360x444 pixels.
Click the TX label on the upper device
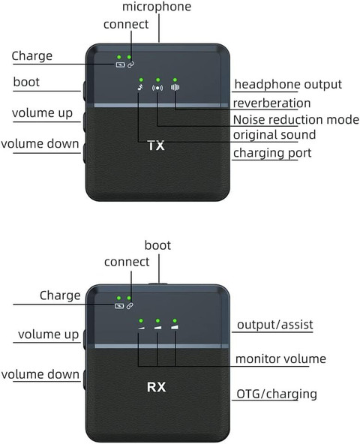click(x=156, y=145)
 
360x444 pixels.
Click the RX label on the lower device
click(x=156, y=387)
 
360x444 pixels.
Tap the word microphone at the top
click(x=157, y=7)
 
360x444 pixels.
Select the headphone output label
click(x=288, y=85)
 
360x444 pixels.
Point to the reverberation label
click(x=271, y=103)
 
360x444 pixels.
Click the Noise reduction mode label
click(x=296, y=119)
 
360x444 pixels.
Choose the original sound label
click(x=274, y=135)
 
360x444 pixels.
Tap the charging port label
click(x=272, y=153)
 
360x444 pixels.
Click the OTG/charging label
click(x=277, y=394)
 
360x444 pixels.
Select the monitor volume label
click(x=280, y=358)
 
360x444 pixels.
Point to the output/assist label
click(x=275, y=325)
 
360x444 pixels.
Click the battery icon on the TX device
click(x=120, y=64)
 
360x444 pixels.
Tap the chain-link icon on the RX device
click(x=130, y=306)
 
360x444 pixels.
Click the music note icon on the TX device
click(x=140, y=87)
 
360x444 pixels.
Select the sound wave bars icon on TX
click(x=175, y=88)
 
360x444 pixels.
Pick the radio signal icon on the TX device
click(x=157, y=88)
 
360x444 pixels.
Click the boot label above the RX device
click(x=157, y=245)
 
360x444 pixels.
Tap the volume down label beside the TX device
click(x=40, y=143)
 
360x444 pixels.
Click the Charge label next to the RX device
click(x=60, y=295)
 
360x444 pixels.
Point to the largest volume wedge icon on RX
click(x=175, y=327)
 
